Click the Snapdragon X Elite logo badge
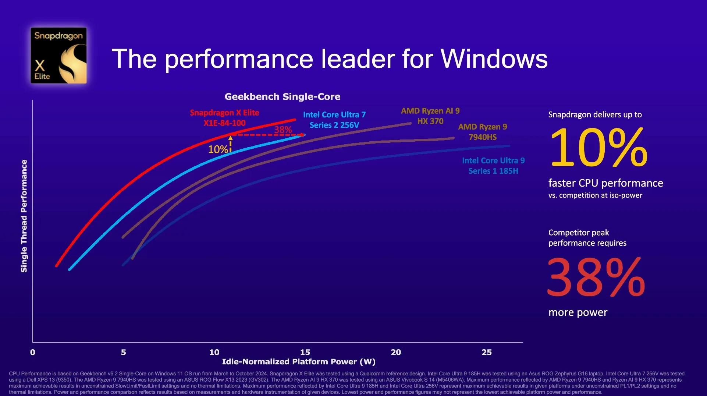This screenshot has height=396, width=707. coord(58,55)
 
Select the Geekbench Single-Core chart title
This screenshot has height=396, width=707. coord(282,97)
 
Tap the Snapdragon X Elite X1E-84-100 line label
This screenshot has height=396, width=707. coord(224,118)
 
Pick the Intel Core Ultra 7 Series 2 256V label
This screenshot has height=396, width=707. coord(334,120)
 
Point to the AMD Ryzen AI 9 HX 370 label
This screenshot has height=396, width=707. coord(430,116)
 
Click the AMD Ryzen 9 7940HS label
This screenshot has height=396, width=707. coord(482,132)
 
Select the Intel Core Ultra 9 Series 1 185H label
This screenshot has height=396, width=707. coord(493,166)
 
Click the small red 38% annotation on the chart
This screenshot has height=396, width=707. coord(283,130)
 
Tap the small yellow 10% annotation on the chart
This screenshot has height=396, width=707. coord(218,149)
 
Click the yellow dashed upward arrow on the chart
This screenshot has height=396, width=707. coord(231,144)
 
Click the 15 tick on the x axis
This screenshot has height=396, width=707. coord(305,352)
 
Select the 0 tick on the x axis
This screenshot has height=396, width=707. coord(33,352)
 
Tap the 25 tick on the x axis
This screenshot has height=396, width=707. coord(486,352)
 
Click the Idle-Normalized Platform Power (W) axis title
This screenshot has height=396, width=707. coord(299,362)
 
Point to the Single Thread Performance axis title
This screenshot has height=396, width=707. coord(24,216)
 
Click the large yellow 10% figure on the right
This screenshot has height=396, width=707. coord(598,148)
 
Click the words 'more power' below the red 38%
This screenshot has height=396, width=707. coord(578,312)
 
